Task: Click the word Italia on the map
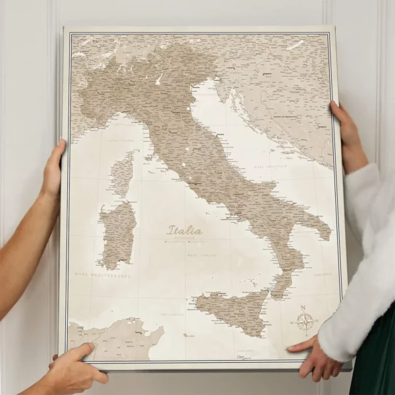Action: click(x=185, y=230)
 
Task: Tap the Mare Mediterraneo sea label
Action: click(x=102, y=275)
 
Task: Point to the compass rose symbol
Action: click(x=305, y=322)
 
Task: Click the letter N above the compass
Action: click(x=303, y=307)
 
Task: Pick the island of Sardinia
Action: click(x=117, y=234)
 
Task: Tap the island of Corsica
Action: click(x=122, y=174)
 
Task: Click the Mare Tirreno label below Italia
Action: click(x=201, y=255)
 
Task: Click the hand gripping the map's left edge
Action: click(x=53, y=171)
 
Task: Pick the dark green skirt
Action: click(x=376, y=369)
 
